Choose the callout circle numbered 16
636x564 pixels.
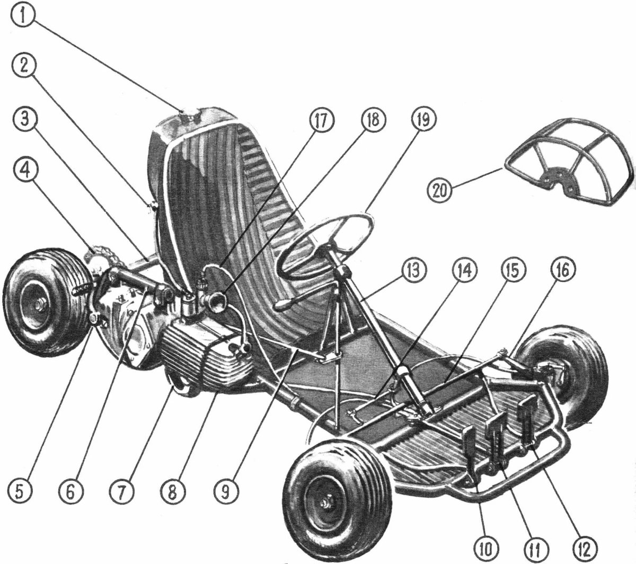coord(563,271)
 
